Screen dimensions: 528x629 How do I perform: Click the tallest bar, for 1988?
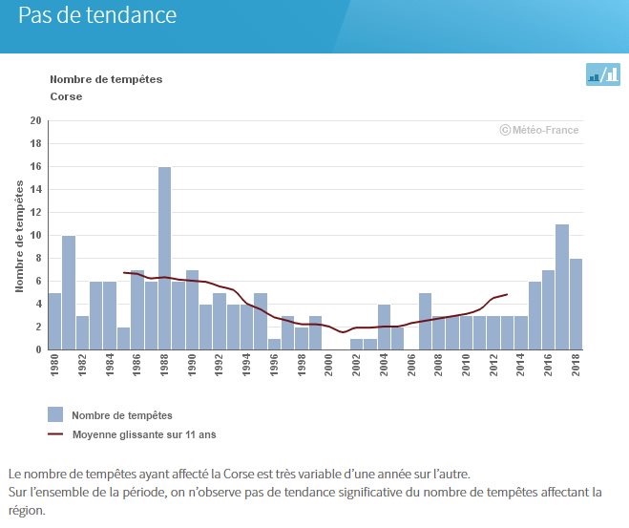pos(164,258)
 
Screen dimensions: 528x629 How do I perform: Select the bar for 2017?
pos(562,286)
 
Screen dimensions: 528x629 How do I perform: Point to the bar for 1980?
pos(54,321)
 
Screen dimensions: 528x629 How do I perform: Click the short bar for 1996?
pos(274,344)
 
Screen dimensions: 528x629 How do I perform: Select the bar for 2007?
pos(425,321)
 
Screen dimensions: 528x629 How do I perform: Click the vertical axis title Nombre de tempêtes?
pos(20,235)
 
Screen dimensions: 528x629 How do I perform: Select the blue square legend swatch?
pos(55,414)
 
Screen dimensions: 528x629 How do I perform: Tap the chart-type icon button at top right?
pos(602,75)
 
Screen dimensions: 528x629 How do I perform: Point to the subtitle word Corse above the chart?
pos(66,96)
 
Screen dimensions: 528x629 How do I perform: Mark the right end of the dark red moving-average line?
pos(507,294)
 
